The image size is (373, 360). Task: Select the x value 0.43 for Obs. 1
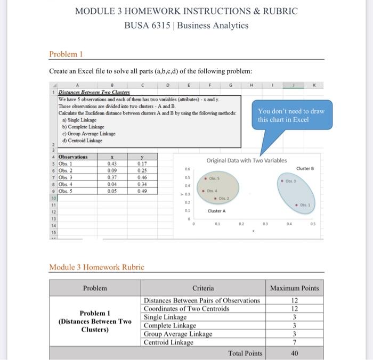point(112,163)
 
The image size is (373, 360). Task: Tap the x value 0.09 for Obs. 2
point(112,170)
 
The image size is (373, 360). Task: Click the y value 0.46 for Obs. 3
point(142,177)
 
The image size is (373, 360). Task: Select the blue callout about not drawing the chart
point(290,116)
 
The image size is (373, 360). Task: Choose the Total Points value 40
point(294,353)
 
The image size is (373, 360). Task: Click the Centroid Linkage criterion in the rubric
point(169,342)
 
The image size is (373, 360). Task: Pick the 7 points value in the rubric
point(294,342)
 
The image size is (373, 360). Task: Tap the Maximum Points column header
point(294,288)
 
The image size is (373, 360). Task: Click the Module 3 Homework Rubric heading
point(96,267)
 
